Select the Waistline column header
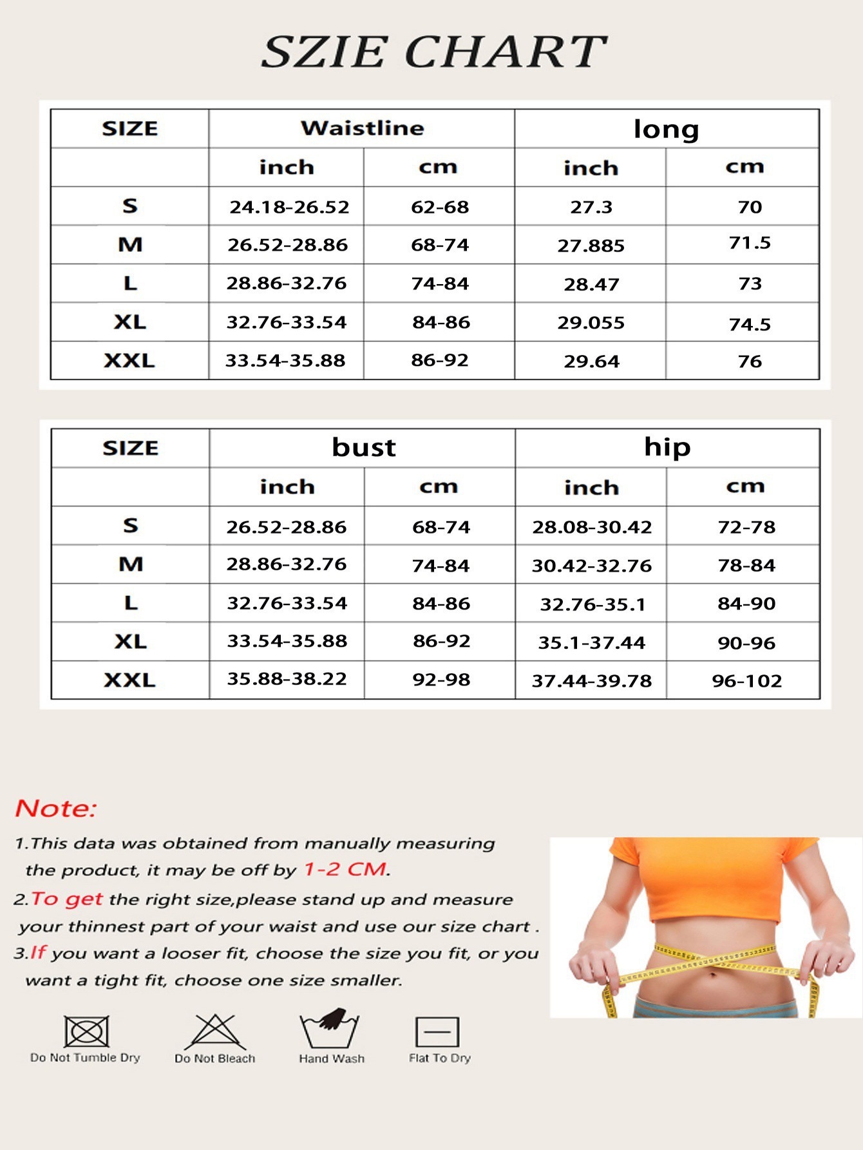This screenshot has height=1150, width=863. click(362, 128)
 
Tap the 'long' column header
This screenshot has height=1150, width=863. click(666, 129)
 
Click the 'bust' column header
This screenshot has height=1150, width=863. click(363, 448)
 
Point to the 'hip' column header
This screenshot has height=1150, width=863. click(667, 447)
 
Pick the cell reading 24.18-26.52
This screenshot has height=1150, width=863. click(289, 207)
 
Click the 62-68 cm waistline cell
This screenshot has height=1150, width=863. click(440, 207)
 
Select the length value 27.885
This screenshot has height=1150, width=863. click(591, 246)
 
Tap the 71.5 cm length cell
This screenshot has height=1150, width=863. click(750, 243)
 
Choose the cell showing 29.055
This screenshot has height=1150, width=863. click(591, 323)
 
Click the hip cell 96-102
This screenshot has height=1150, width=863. click(746, 681)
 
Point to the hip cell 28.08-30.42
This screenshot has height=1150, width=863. click(591, 528)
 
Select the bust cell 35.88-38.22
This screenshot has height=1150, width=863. click(287, 679)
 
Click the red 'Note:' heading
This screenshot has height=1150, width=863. click(56, 809)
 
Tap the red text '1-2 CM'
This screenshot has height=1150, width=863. click(345, 870)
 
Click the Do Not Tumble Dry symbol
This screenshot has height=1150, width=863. click(86, 1031)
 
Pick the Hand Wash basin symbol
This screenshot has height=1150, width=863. click(330, 1028)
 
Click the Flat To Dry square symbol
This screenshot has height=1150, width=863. click(437, 1032)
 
